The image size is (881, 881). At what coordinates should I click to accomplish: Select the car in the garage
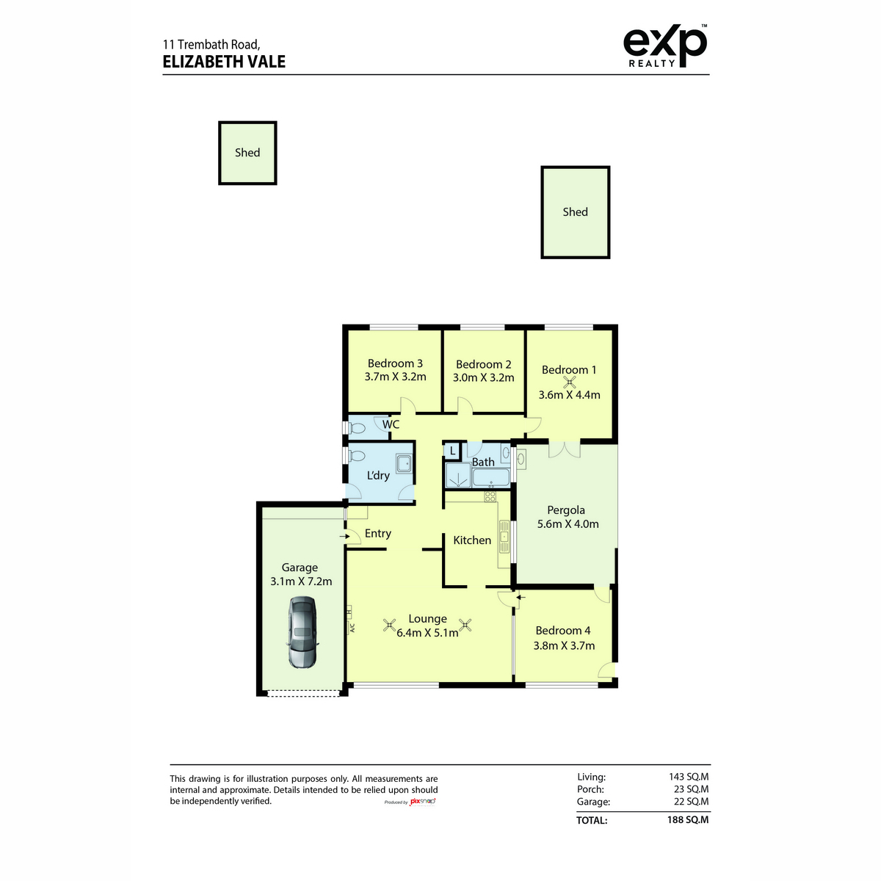click(x=302, y=632)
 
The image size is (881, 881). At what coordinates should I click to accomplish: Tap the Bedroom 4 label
click(x=563, y=631)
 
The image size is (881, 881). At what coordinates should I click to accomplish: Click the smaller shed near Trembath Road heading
click(x=247, y=153)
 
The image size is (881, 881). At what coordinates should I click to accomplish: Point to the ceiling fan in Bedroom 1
click(x=569, y=382)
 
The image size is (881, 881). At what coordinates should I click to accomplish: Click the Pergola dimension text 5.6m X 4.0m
click(x=568, y=524)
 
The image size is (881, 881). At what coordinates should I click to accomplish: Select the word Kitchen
click(x=472, y=540)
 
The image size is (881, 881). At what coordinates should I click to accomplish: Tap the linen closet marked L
click(x=452, y=451)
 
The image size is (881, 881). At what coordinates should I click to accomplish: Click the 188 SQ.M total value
click(x=688, y=820)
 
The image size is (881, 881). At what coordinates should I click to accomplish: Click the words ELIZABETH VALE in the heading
click(x=224, y=62)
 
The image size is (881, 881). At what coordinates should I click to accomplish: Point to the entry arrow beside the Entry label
click(x=344, y=536)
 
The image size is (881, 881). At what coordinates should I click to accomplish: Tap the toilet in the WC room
click(x=357, y=428)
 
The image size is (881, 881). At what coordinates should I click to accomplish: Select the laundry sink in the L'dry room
click(x=404, y=463)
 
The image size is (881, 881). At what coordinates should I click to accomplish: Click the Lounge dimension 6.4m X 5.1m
click(x=427, y=633)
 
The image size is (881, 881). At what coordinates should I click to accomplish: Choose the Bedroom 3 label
click(x=395, y=363)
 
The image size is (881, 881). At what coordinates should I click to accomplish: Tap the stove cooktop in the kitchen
click(x=490, y=496)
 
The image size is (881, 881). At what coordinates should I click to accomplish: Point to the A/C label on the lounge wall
click(x=352, y=628)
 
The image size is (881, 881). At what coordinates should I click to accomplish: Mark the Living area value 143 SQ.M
click(x=689, y=777)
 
